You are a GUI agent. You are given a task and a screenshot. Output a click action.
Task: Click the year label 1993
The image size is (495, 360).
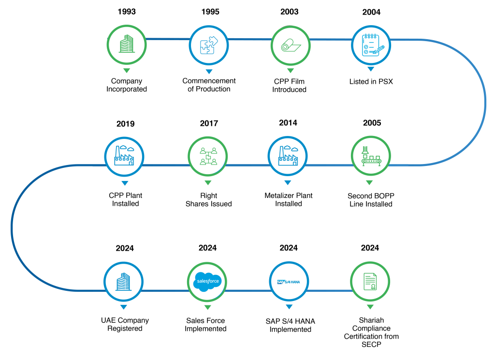click(127, 12)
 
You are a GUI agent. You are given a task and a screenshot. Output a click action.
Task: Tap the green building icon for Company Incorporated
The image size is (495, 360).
click(127, 44)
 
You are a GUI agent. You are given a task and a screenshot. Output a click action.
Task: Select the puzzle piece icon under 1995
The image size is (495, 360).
click(209, 45)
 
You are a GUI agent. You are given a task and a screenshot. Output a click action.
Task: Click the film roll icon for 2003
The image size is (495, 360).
click(291, 45)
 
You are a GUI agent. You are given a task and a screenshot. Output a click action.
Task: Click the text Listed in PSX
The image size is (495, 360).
click(371, 82)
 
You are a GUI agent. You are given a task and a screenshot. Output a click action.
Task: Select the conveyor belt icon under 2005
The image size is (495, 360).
click(371, 156)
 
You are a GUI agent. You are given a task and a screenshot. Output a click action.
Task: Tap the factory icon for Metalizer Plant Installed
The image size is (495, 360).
click(288, 155)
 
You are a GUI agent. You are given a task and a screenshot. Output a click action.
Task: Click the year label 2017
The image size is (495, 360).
click(209, 123)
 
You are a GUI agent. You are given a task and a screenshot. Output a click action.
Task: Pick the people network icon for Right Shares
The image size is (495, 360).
click(208, 156)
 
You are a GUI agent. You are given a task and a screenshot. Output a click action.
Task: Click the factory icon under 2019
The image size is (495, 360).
click(124, 155)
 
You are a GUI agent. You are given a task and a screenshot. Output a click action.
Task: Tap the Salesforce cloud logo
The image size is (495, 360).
click(207, 281)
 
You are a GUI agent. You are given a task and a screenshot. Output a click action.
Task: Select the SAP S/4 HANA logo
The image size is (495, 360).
click(289, 282)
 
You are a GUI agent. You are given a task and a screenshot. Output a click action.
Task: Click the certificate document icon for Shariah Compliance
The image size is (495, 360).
click(370, 282)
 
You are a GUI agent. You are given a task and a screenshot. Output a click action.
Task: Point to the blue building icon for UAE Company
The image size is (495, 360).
click(123, 282)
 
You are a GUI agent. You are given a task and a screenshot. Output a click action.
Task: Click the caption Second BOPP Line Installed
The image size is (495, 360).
click(371, 200)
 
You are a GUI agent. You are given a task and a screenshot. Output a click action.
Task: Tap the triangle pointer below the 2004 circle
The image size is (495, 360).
click(371, 69)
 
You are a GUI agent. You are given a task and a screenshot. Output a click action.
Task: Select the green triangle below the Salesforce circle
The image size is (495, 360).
click(207, 307)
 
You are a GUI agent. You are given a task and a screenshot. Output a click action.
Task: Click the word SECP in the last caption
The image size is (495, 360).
click(371, 345)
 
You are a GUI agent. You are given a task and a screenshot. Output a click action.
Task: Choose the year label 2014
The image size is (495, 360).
click(288, 122)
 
